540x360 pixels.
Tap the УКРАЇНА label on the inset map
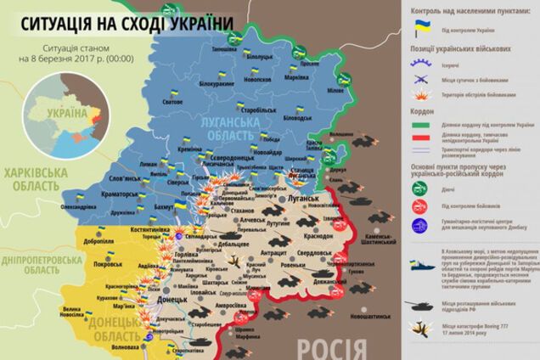point(69,111)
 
